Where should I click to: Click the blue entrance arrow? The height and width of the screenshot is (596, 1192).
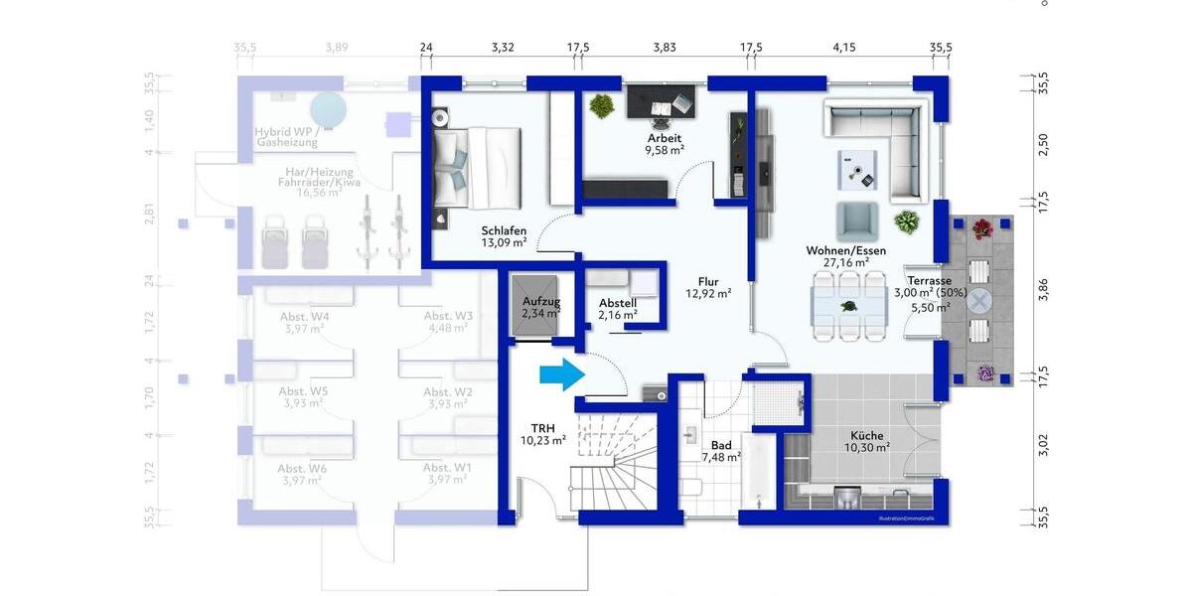click(x=560, y=374)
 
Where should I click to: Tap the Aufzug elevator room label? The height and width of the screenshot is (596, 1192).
click(x=541, y=307)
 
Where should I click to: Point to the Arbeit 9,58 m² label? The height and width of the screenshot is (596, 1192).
click(x=665, y=144)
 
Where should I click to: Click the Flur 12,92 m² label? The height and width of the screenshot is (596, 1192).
click(x=708, y=287)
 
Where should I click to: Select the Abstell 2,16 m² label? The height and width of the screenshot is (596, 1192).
click(x=617, y=309)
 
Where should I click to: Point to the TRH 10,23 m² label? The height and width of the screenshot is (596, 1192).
click(x=543, y=433)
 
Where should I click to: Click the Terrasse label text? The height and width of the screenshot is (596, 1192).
click(x=929, y=281)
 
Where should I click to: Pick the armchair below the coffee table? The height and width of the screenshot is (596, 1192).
click(x=856, y=220)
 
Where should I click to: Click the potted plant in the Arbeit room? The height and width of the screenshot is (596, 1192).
click(x=600, y=103)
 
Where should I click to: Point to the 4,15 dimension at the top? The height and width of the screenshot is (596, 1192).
click(x=844, y=47)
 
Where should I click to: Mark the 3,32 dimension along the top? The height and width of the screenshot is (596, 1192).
click(x=503, y=47)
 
